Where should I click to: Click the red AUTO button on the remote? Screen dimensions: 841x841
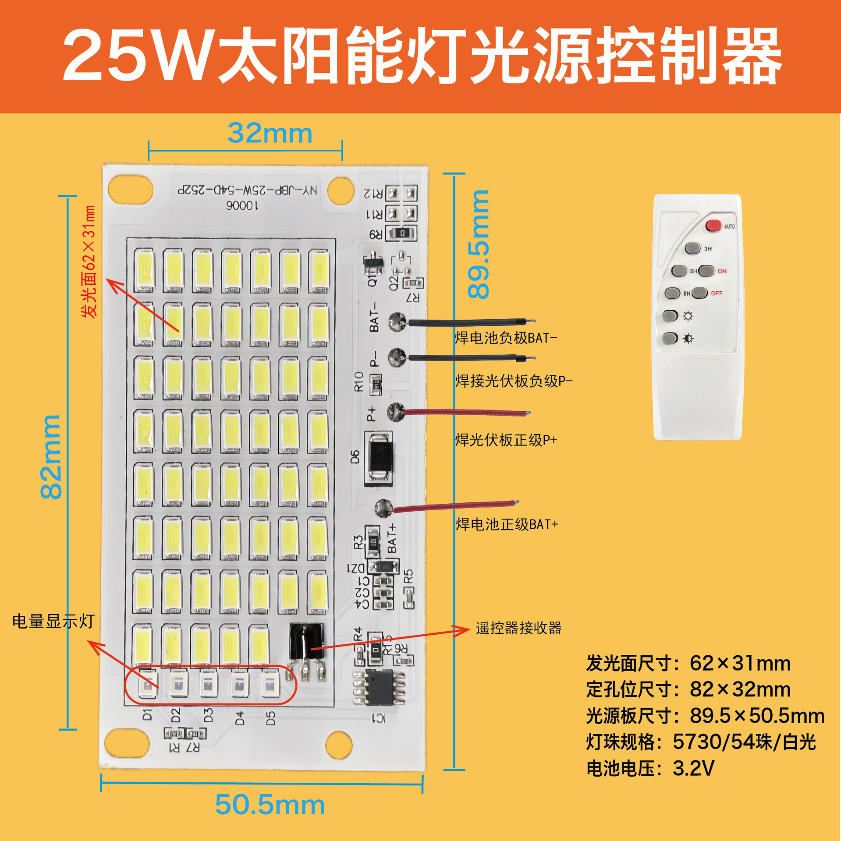(713, 226)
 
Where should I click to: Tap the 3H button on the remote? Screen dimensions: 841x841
(692, 248)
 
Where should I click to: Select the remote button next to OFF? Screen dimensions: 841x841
(700, 293)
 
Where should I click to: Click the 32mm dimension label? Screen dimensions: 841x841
(270, 133)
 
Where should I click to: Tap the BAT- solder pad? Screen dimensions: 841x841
(397, 322)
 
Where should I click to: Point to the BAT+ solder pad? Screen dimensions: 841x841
(384, 509)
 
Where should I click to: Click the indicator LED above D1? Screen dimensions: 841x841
(148, 683)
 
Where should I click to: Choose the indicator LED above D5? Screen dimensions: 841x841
(270, 684)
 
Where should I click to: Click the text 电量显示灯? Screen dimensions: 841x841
(53, 622)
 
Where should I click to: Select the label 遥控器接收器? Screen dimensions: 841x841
(518, 628)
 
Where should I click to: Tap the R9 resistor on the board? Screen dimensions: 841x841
(402, 233)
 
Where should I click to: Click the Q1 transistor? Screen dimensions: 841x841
(373, 262)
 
